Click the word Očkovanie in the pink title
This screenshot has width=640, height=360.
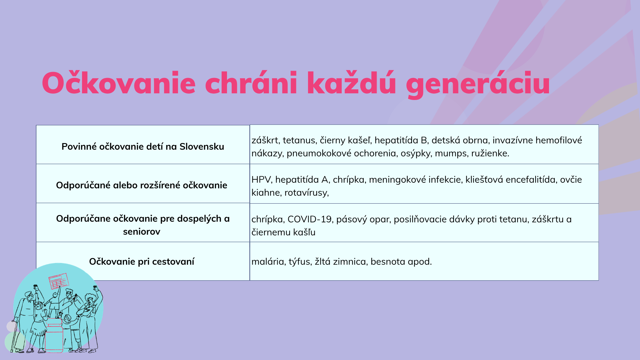(x=119, y=82)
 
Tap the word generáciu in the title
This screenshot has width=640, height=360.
(x=478, y=84)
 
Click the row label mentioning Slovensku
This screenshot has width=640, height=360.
(x=143, y=146)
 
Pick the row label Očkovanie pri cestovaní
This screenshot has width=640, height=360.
(x=142, y=261)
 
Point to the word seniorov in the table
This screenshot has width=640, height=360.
(x=142, y=231)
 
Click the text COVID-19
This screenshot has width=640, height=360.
(x=309, y=219)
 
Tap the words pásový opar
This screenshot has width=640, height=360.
(x=363, y=219)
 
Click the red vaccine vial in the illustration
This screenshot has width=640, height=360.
(x=54, y=337)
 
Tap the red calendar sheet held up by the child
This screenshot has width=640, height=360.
(x=59, y=281)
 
